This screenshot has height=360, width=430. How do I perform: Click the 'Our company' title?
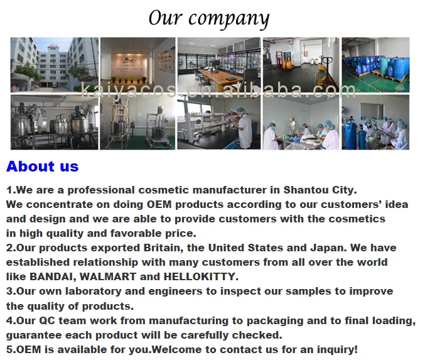pos(209,18)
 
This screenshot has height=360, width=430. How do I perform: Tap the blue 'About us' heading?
pos(43,166)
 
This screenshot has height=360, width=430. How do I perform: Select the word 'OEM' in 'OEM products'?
pos(159,204)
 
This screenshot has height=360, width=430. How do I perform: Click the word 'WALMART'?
pos(108,276)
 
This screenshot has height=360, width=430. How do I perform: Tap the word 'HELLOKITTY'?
pos(201,276)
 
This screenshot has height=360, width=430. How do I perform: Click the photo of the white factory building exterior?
pos(55,65)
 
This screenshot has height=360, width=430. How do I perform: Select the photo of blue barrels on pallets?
pos(375,65)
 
